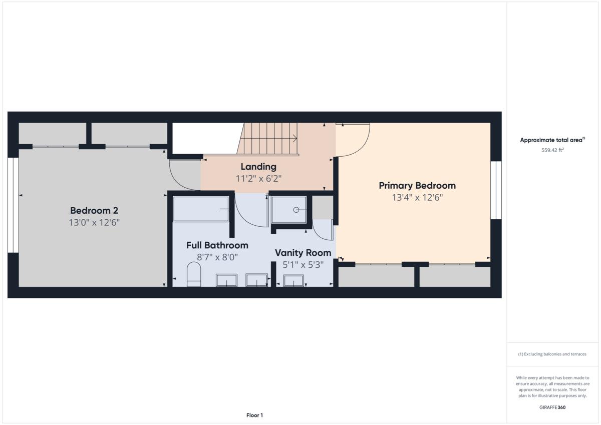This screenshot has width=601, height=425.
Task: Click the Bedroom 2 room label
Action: coord(94,210)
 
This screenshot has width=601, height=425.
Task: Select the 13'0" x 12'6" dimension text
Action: coord(94,222)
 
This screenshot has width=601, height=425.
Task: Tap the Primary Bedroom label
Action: coord(417,186)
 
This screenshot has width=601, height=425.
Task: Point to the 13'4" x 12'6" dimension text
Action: coord(417,198)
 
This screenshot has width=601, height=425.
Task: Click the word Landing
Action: coord(258,167)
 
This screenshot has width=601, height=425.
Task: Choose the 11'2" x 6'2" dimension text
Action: coord(258,178)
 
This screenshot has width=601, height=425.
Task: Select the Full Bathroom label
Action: coord(217,245)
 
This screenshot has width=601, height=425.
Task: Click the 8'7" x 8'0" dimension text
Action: coord(217,257)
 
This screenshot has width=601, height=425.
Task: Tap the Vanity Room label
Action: coord(303,253)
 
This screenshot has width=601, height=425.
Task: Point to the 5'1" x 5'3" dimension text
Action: coord(303,265)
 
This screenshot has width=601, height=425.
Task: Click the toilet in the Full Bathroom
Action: coord(193,276)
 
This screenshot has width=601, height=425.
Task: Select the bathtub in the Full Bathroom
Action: coord(201,209)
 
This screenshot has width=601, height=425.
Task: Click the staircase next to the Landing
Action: coord(268,139)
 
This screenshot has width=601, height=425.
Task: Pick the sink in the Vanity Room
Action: coord(294,281)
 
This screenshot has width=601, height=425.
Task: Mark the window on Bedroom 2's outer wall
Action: coord(14,205)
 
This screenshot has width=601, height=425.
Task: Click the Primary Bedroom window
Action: coord(496,190)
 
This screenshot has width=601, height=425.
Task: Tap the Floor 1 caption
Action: coord(254,415)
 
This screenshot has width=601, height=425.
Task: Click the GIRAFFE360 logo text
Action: coord(552,407)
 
